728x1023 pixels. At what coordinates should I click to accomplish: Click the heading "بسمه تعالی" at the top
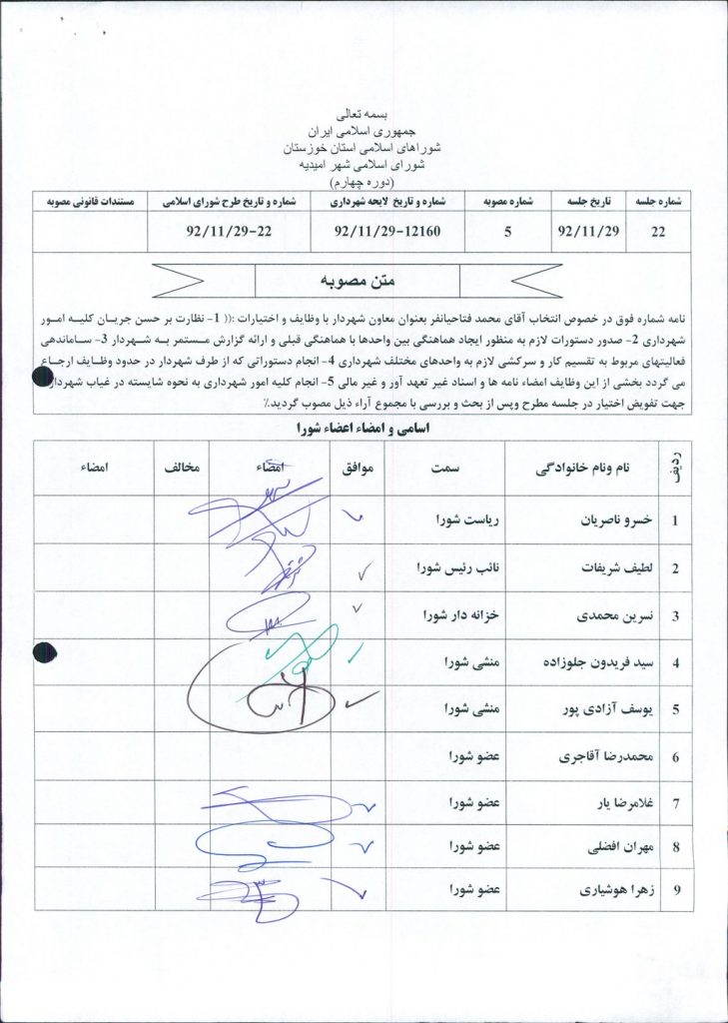coord(364,116)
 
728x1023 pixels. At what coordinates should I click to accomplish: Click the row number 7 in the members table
coord(676,802)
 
